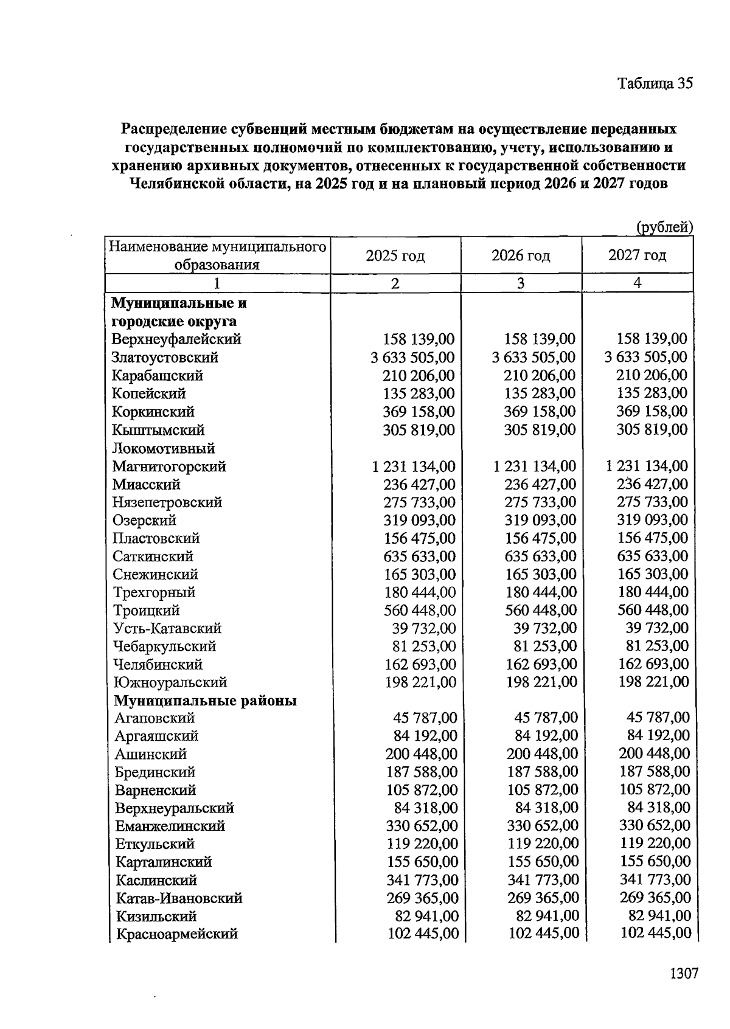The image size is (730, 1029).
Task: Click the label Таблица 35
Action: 655,83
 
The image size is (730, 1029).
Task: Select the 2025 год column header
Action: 395,255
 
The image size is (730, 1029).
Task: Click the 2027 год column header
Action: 637,255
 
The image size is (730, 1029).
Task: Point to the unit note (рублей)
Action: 664,227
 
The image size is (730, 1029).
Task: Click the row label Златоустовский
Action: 165,358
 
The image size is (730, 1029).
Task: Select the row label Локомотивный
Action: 163,448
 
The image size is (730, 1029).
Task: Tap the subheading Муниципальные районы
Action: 206,701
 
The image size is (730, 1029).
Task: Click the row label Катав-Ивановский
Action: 179,898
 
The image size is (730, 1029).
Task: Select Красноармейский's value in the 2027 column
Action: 656,932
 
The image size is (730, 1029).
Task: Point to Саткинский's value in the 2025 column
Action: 419,556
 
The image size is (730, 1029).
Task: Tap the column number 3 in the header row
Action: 520,283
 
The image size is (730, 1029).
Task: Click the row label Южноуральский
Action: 170,682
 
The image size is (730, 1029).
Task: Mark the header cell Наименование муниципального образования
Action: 217,255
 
